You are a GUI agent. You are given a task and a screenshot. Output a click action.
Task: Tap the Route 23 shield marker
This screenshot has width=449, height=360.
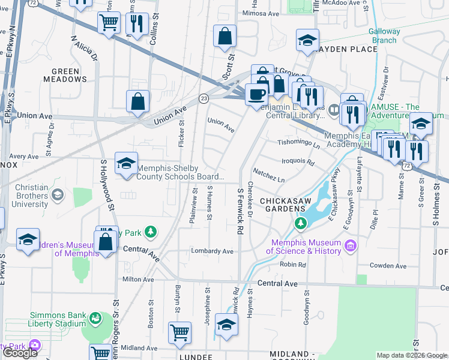point(204,98)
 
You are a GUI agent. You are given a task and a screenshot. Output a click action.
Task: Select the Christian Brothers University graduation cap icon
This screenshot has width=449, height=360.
point(58,194)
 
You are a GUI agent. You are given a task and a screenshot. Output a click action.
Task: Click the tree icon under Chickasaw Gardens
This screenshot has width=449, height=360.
point(300,224)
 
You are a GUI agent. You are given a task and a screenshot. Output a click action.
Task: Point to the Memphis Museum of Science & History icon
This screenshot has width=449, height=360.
point(351,245)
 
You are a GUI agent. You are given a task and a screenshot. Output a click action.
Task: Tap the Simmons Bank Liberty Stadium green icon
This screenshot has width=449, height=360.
point(95,317)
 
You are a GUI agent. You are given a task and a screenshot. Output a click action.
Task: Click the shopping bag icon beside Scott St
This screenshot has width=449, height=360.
point(224,36)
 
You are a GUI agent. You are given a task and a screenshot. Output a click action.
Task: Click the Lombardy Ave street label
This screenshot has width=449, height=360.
point(212,251)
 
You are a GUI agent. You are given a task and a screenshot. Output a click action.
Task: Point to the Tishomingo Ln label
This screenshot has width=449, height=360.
point(298,143)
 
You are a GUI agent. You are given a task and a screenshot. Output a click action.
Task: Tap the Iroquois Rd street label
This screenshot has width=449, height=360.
point(298,161)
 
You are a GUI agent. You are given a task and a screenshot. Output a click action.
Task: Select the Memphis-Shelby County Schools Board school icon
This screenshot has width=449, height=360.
point(126,163)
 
